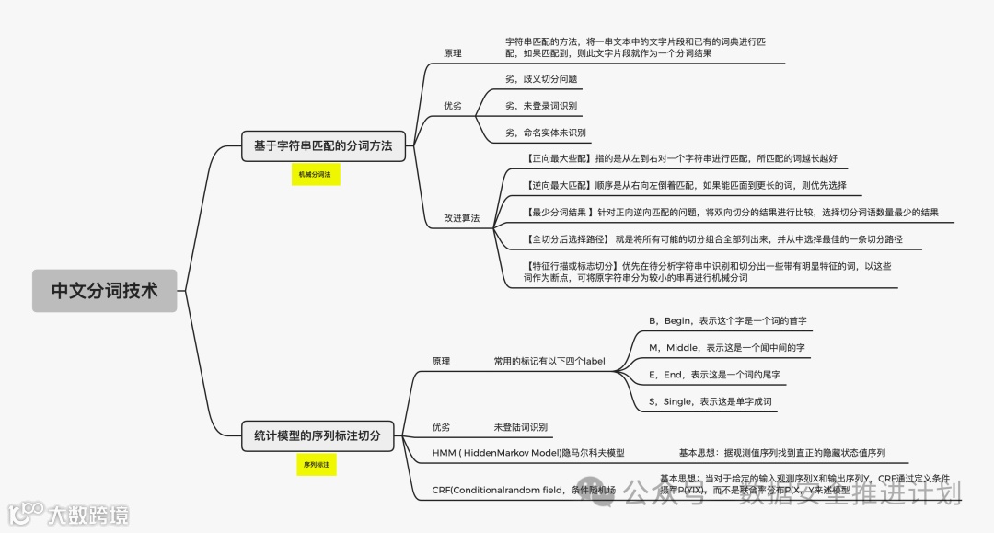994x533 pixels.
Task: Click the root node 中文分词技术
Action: pos(104,291)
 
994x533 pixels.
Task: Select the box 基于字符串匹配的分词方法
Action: pos(323,145)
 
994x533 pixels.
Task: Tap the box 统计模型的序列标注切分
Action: pos(317,435)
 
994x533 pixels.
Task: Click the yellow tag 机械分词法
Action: pos(317,174)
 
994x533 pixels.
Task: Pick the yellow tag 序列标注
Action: pos(317,466)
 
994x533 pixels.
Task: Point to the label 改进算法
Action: pos(461,218)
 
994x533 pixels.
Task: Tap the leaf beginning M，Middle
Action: pos(726,348)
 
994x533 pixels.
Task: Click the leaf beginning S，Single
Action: pos(710,401)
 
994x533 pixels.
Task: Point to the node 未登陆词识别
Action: pos(521,427)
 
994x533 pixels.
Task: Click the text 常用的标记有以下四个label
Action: pos(549,361)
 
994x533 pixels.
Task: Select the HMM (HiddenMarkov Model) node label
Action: pos(528,453)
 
